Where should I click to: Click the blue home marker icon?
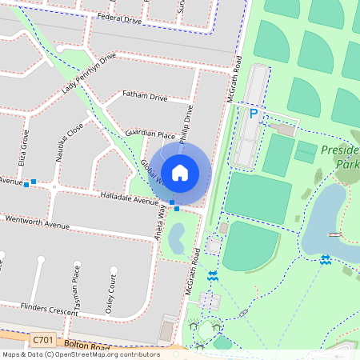click(x=180, y=172)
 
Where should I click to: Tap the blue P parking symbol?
click(x=254, y=114)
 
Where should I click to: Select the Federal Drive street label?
click(x=118, y=17)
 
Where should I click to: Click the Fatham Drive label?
click(x=144, y=97)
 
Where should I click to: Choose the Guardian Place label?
click(x=150, y=135)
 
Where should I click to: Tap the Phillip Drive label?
click(x=186, y=125)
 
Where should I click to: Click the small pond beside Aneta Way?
click(x=178, y=237)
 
